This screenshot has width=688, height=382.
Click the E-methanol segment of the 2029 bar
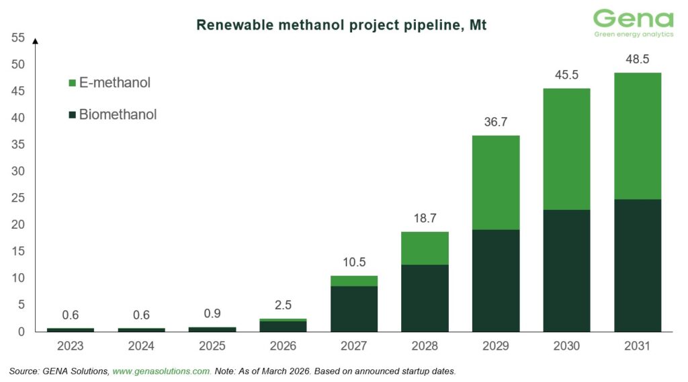[x=496, y=183]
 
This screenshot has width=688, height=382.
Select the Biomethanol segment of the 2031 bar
[x=638, y=266]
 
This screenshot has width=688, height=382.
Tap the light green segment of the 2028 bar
[x=425, y=249]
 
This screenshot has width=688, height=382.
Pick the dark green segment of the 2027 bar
[x=354, y=309]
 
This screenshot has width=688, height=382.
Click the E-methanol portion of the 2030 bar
[x=566, y=149]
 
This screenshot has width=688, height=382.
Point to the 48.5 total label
[x=638, y=59]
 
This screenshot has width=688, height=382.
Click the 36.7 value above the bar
[x=496, y=122]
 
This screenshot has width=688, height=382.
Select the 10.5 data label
[x=354, y=262]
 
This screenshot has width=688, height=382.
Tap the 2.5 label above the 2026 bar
[x=283, y=305]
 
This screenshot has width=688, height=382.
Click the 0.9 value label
[x=212, y=313]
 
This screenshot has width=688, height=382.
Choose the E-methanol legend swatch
[x=73, y=83]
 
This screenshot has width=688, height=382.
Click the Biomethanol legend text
[x=118, y=114]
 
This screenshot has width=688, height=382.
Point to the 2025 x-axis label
[x=212, y=346]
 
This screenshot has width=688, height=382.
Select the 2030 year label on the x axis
[x=566, y=346]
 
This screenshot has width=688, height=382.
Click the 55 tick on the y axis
[x=18, y=38]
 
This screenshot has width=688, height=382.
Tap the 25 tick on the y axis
[x=18, y=198]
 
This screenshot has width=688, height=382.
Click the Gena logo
[x=633, y=24]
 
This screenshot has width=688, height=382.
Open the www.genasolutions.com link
[x=161, y=371]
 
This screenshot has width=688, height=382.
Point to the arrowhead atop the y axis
[x=36, y=41]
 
